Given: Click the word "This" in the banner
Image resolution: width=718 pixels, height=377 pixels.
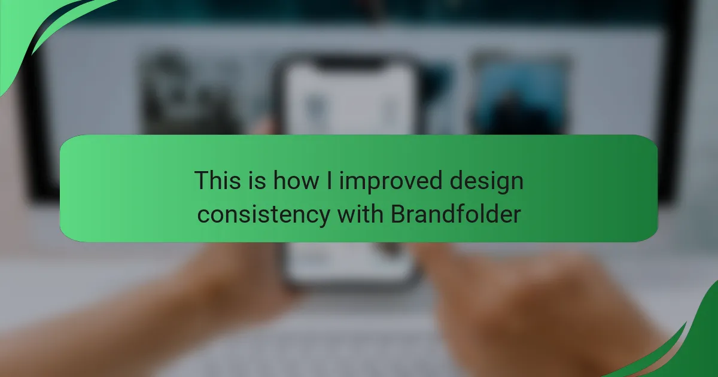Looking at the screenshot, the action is tap(217, 180).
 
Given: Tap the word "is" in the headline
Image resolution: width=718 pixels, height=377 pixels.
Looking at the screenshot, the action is tap(257, 180).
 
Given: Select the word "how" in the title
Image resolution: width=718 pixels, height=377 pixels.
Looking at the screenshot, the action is tap(296, 180).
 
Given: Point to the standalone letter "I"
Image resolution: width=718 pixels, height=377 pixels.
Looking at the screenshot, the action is tap(329, 180).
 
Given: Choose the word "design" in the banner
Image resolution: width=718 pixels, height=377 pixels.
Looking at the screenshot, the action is tap(486, 182).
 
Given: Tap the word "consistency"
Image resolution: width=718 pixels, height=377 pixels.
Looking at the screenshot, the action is tap(263, 215).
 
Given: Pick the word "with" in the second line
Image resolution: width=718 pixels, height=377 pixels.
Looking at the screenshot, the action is tap(360, 214).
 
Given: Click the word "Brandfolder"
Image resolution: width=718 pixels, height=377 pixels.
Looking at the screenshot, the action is tap(456, 214).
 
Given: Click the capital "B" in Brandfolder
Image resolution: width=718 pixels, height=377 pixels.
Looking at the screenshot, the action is tap(398, 214).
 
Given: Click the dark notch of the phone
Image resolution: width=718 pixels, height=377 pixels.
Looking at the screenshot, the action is tap(348, 63).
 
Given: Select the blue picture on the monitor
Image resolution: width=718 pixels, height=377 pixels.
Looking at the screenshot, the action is tap(520, 96).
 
